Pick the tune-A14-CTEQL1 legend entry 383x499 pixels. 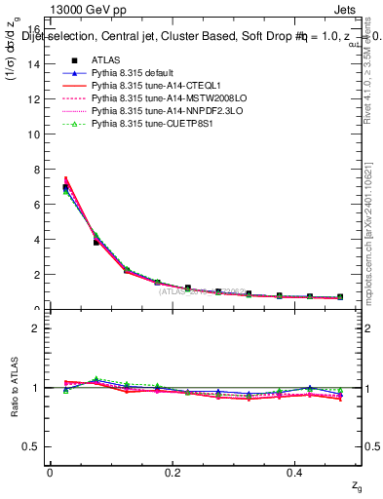(146, 87)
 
